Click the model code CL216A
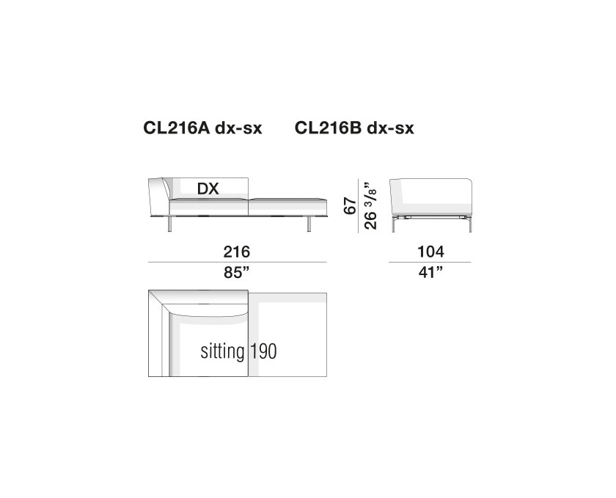pos(177,128)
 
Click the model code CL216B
pos(328,128)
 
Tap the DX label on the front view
pos(208,189)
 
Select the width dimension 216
pos(236,252)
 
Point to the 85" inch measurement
pos(236,272)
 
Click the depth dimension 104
pos(430,252)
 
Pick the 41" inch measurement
pos(430,272)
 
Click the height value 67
pos(350,206)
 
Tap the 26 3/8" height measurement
pos(370,205)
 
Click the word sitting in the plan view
pos(222,351)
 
